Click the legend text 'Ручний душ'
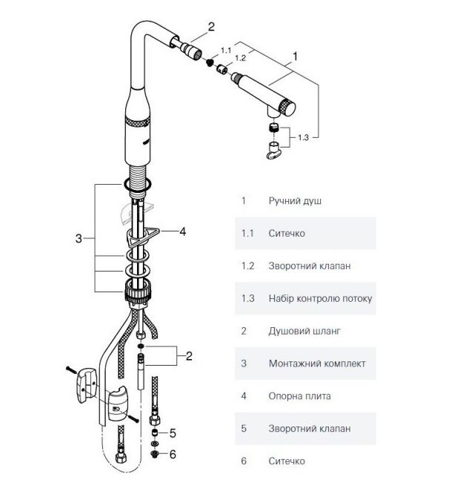point(295,201)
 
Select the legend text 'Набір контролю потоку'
point(320,298)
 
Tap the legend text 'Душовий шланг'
point(304,332)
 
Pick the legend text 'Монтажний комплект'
point(317,363)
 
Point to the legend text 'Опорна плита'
point(299,396)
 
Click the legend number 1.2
point(247,266)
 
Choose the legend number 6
point(244,461)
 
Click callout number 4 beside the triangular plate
point(182,231)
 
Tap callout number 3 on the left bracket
point(79,238)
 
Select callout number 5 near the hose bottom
point(173,433)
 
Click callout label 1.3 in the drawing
point(303,137)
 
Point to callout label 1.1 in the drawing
point(226,50)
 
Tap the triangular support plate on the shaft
point(143,236)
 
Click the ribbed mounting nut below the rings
point(138,291)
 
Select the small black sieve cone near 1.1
point(209,62)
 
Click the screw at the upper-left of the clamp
point(71,369)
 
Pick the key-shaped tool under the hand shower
point(274,151)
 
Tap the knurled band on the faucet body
point(137,122)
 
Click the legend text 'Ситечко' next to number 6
point(287,461)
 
